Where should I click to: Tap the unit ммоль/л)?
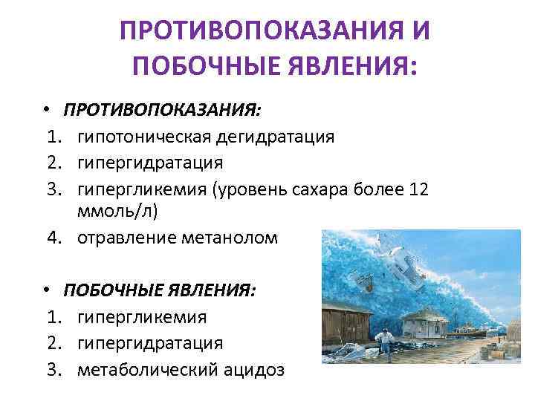click(118, 211)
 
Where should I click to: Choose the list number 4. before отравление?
click(53, 238)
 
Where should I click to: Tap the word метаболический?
click(149, 369)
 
